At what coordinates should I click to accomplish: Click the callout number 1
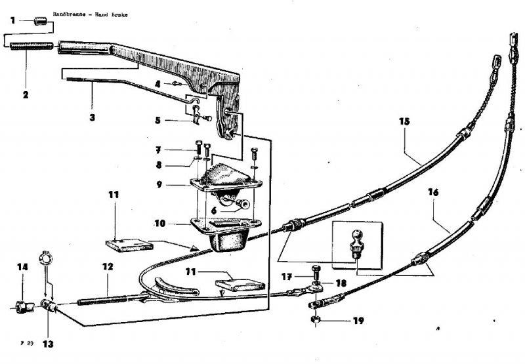pyautogui.click(x=12, y=20)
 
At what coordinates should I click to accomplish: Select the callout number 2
pyautogui.click(x=25, y=94)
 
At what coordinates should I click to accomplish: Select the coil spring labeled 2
pyautogui.click(x=31, y=46)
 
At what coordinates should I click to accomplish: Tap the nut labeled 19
pyautogui.click(x=314, y=321)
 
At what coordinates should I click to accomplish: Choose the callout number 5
pyautogui.click(x=158, y=120)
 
